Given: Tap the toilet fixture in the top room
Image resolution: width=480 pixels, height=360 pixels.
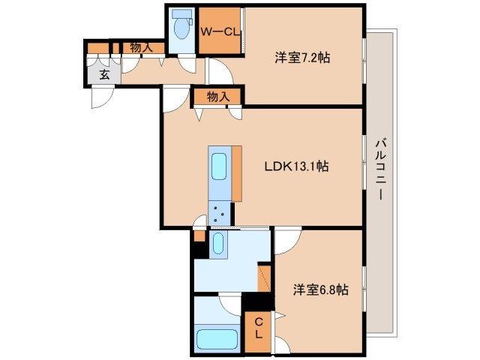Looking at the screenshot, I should (x=181, y=28).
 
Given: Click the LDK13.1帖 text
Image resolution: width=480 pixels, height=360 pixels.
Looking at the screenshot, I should (x=295, y=166).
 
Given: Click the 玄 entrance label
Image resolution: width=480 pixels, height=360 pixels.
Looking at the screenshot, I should (x=103, y=75).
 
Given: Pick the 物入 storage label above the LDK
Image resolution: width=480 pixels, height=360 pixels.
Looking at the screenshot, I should (x=218, y=96).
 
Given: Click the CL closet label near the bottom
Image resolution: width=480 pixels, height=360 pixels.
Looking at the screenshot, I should (x=256, y=327).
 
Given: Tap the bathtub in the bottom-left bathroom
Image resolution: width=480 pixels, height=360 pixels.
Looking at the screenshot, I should (x=215, y=337).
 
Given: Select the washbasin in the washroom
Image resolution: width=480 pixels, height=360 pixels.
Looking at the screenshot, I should (x=217, y=244).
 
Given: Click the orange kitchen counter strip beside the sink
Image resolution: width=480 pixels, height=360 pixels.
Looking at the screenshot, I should (x=237, y=172).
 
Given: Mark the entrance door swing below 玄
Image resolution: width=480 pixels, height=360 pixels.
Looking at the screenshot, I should (x=109, y=97).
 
